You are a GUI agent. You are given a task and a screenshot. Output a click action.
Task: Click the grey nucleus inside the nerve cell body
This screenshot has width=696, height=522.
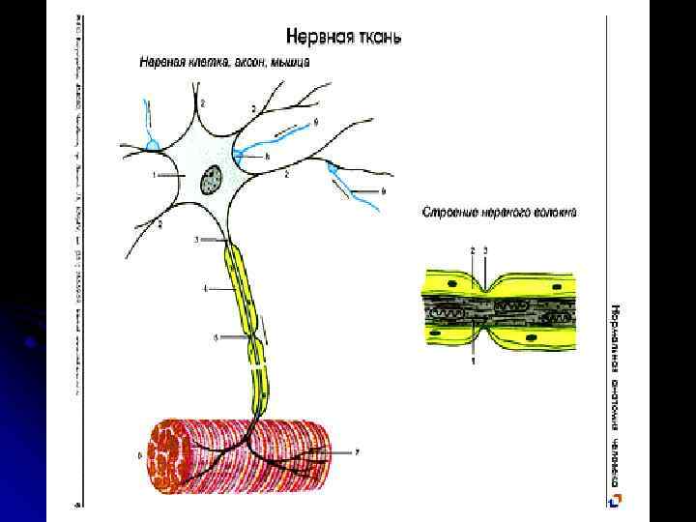click(x=212, y=180)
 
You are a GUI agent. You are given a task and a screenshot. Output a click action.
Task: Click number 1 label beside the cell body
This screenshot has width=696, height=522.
click(x=154, y=177)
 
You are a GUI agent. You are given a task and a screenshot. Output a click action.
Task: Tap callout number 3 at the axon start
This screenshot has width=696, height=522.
click(x=197, y=239)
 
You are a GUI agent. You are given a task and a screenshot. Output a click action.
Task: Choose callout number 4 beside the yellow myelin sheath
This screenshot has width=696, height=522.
click(x=205, y=288)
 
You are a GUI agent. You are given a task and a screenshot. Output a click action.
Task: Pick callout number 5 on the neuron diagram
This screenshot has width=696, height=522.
click(x=217, y=337)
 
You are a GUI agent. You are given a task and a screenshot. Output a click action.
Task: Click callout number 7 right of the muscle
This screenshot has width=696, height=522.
click(x=359, y=450)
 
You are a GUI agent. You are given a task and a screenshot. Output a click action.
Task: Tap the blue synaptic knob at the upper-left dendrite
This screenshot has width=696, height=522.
click(x=152, y=146)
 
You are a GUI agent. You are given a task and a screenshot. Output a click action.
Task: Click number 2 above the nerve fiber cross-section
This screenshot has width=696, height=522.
click(x=472, y=249)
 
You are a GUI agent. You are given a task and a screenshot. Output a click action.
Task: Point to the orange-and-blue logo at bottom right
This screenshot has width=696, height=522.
click(x=616, y=499)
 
